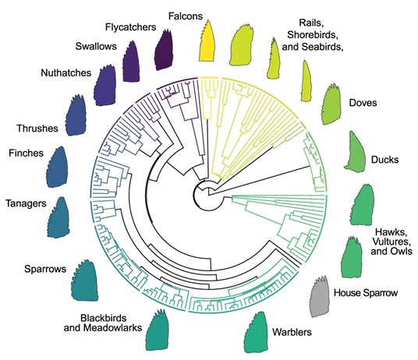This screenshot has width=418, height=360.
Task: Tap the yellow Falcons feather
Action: [x=208, y=42]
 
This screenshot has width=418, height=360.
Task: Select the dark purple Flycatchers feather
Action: [x=165, y=50]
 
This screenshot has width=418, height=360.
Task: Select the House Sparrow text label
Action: [x=365, y=293]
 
